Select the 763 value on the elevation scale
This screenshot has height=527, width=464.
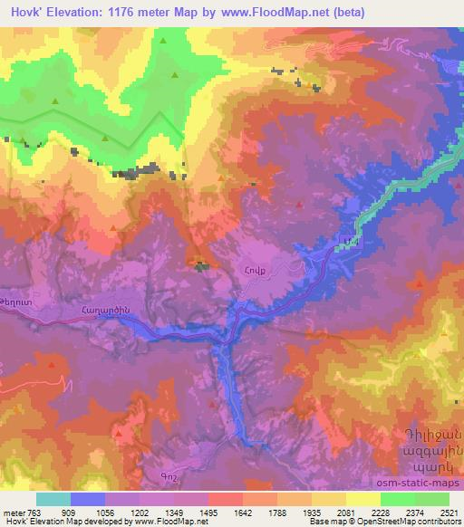tap(34, 512)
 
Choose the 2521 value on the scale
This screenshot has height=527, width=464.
tap(448, 512)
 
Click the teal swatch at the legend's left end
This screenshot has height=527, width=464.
tap(53, 498)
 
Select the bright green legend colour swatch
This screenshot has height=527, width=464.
tap(397, 498)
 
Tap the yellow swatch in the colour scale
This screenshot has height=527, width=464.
tap(362, 498)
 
